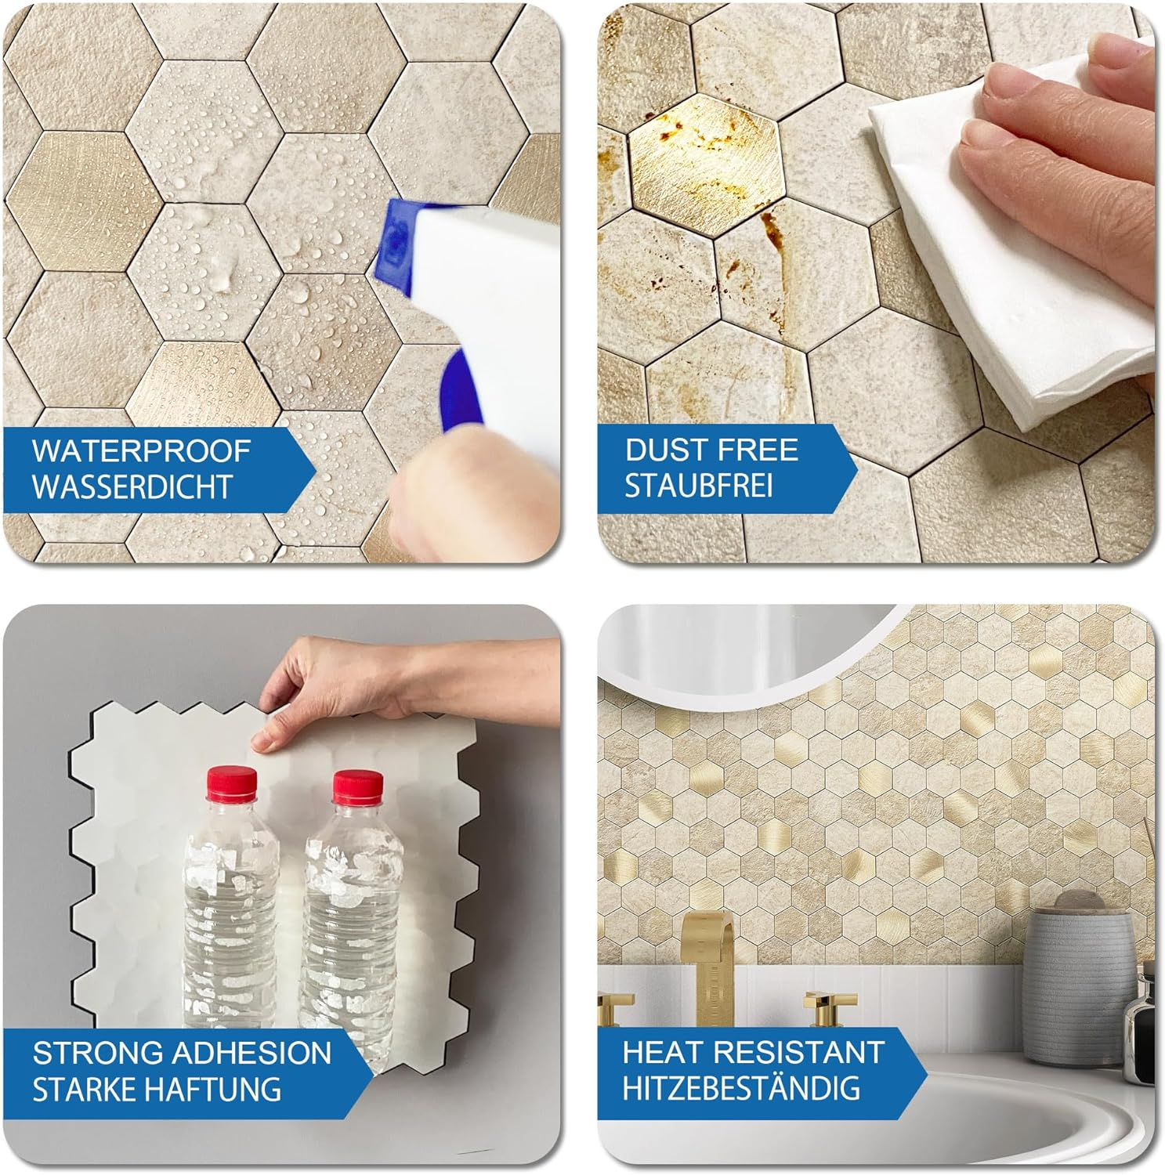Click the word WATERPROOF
141,451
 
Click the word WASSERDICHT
132,487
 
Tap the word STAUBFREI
698,486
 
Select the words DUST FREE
711,450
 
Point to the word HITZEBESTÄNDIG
740,1089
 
